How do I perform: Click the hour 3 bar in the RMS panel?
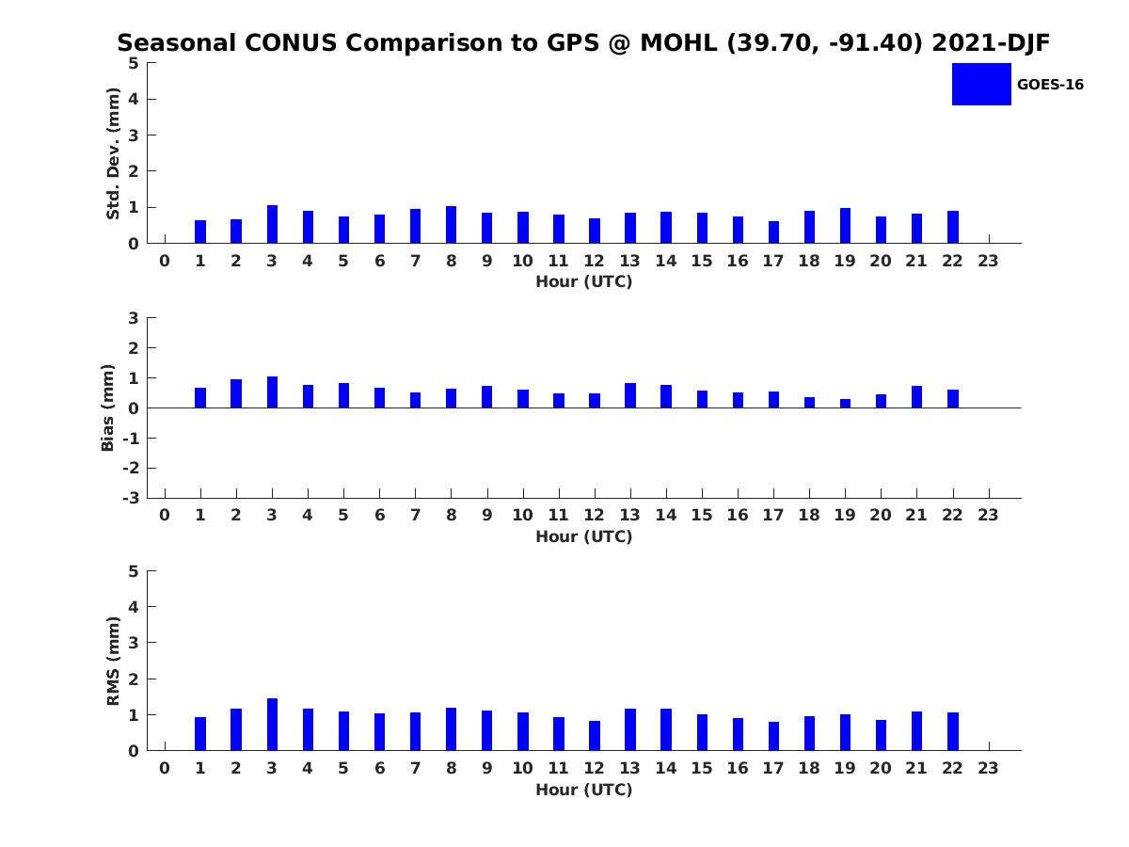pyautogui.click(x=272, y=725)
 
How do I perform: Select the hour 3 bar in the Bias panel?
pyautogui.click(x=272, y=392)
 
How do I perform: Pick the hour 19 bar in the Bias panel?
pyautogui.click(x=845, y=404)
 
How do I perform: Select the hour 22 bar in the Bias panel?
pyautogui.click(x=953, y=399)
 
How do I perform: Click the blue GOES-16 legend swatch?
pyautogui.click(x=981, y=84)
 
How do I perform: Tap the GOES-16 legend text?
pyautogui.click(x=1050, y=85)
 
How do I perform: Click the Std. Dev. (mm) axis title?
pyautogui.click(x=113, y=153)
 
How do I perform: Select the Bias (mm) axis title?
pyautogui.click(x=108, y=408)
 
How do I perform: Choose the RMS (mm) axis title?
pyautogui.click(x=113, y=661)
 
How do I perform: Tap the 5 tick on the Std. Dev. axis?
pyautogui.click(x=134, y=63)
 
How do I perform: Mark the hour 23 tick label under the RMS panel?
pyautogui.click(x=988, y=768)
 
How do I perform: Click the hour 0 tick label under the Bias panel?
pyautogui.click(x=165, y=515)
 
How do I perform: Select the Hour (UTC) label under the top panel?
pyautogui.click(x=583, y=281)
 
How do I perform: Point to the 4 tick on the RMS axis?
pyautogui.click(x=134, y=607)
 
